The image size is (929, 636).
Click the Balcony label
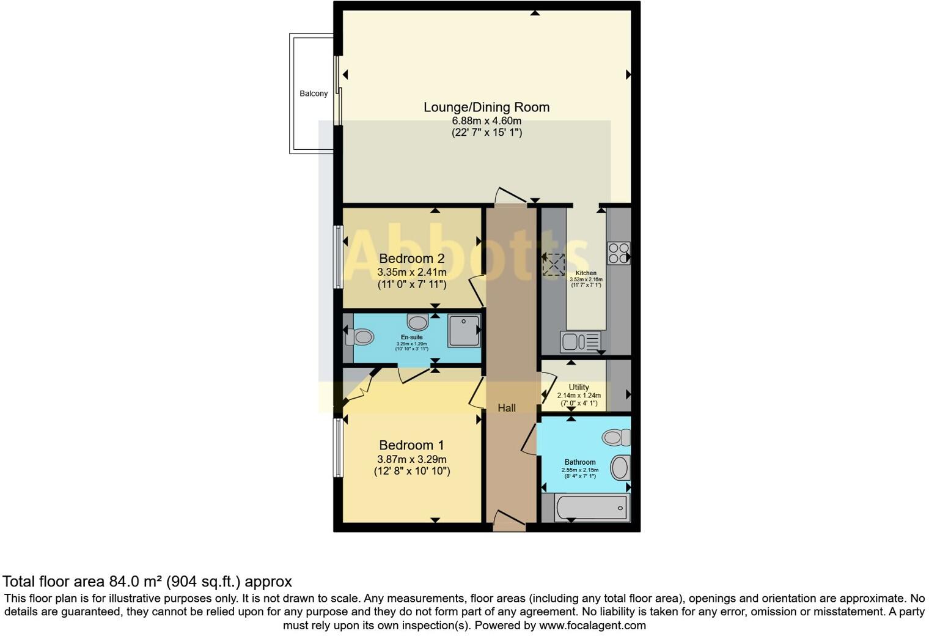coord(313,94)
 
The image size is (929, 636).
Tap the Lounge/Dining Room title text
coord(487,107)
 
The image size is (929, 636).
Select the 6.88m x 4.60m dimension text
coord(487,120)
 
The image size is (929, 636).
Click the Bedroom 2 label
coord(411,259)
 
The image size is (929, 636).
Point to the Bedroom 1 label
coord(411,445)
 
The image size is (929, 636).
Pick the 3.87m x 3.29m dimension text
coord(411,459)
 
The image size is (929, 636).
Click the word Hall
coord(506,408)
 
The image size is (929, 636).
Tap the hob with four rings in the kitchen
coord(618,253)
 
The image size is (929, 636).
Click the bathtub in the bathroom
coord(590,508)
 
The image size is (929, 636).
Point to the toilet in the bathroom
coord(616,437)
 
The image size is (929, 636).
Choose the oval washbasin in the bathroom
coord(619,468)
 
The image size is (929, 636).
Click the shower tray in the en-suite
coord(463,330)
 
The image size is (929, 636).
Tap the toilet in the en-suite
coord(360,336)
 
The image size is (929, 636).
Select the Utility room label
coord(579,387)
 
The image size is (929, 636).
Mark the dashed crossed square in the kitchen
coord(554,265)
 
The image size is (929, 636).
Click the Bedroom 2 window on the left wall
coord(337,257)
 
